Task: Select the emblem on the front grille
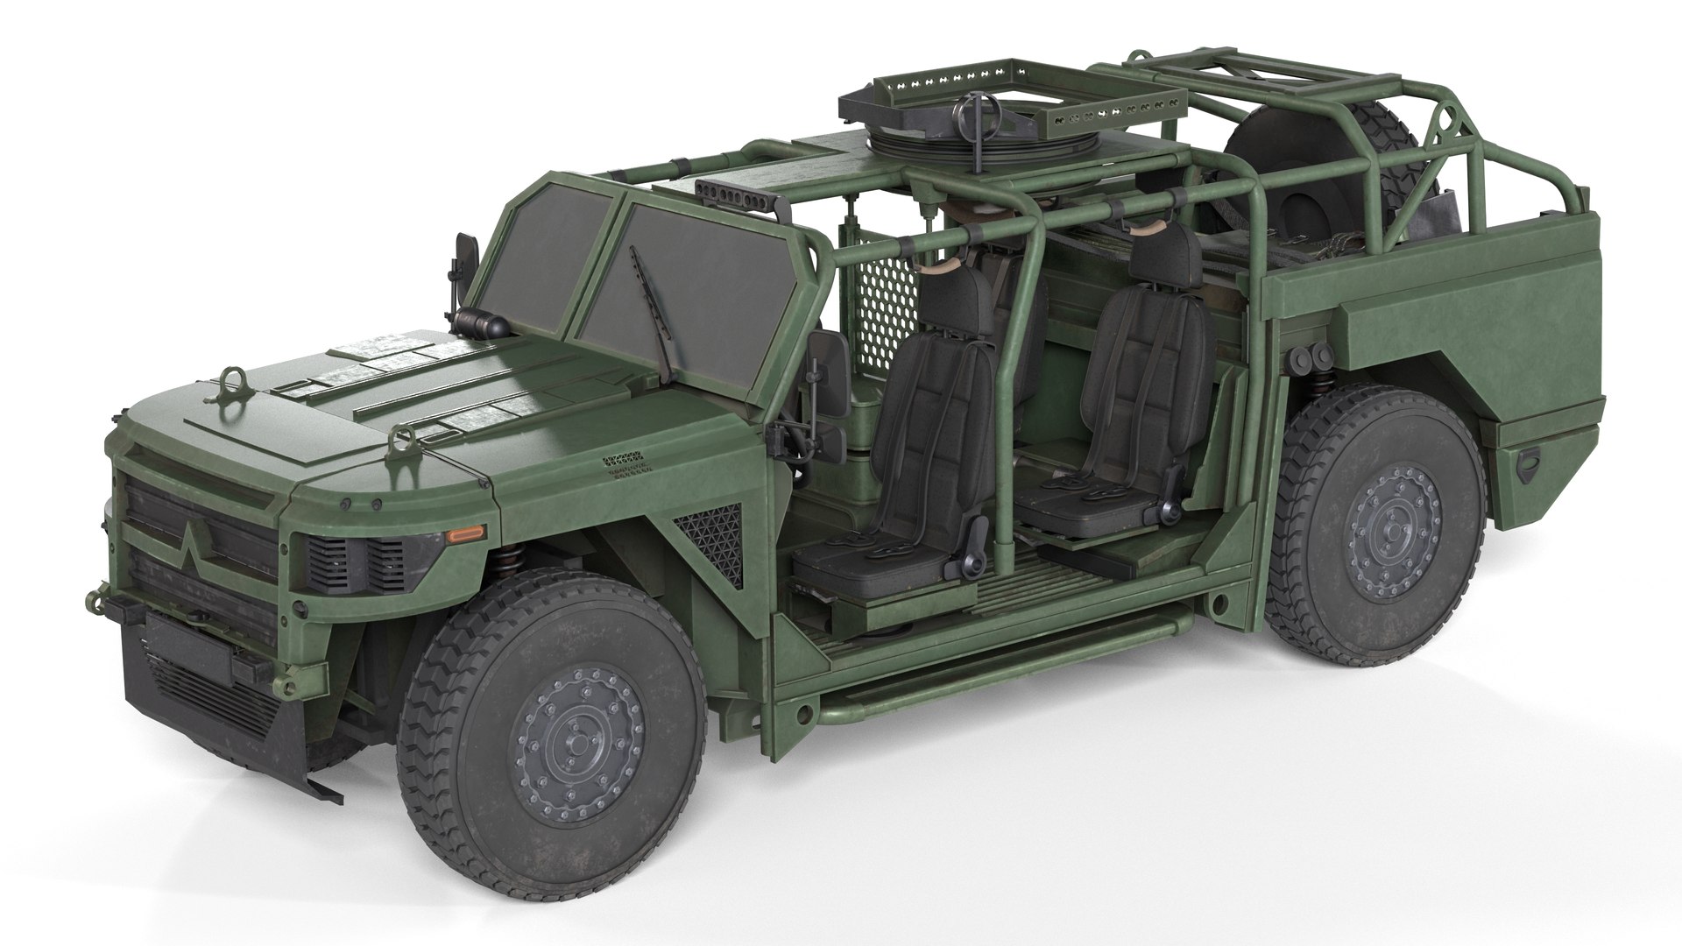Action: (x=197, y=537)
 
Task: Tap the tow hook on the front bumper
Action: (x=98, y=603)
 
